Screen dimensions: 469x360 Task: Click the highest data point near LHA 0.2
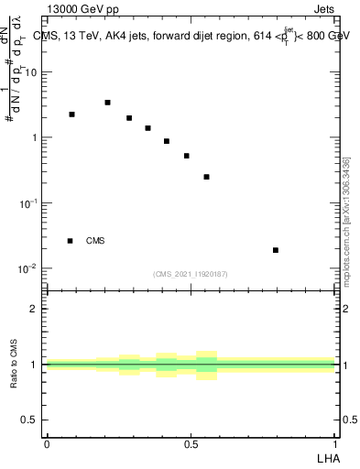(x=107, y=103)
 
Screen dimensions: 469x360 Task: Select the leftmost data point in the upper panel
(x=71, y=115)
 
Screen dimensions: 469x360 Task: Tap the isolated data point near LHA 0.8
(x=276, y=250)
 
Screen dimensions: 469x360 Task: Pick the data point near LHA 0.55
(x=207, y=177)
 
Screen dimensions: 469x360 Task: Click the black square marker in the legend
(x=70, y=241)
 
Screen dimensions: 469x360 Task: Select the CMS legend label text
(x=95, y=241)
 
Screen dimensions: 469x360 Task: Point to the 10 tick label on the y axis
(x=35, y=71)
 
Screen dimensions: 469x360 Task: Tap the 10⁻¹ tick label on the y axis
(x=32, y=202)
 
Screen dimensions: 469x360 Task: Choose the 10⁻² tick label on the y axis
(x=32, y=268)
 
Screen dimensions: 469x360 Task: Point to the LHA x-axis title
(x=327, y=457)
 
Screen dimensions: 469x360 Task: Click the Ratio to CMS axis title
(x=16, y=365)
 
